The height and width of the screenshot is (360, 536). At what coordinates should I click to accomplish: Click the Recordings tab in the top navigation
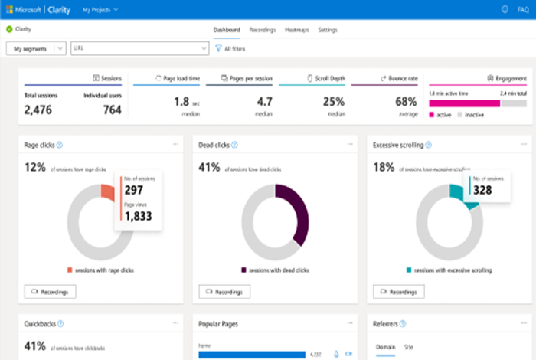tap(263, 30)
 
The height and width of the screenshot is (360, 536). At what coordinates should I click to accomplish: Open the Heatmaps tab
tap(296, 30)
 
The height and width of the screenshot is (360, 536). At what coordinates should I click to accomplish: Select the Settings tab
tap(328, 30)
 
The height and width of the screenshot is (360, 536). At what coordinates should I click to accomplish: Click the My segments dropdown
tap(36, 48)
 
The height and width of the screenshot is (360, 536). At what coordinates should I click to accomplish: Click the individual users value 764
tap(111, 110)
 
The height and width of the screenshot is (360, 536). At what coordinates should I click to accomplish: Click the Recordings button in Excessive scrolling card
tap(398, 292)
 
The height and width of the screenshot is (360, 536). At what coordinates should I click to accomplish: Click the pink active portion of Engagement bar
tap(464, 102)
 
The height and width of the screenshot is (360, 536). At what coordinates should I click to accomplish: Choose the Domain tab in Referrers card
tap(385, 347)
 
